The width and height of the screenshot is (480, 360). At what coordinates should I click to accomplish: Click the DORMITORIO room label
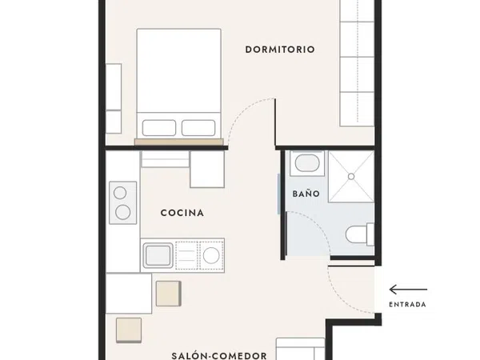click(x=280, y=50)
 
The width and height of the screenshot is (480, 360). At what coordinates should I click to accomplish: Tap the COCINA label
click(x=182, y=213)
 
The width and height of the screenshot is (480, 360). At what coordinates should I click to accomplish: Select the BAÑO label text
click(x=306, y=194)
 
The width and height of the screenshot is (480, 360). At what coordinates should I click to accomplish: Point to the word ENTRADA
click(x=407, y=305)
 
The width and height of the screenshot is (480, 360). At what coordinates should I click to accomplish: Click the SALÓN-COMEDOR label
click(x=219, y=356)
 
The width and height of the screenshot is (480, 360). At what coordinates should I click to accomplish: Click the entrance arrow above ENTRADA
click(x=408, y=290)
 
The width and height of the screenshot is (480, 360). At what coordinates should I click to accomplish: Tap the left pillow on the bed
click(x=159, y=128)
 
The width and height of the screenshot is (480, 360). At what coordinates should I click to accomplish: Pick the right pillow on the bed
click(x=198, y=128)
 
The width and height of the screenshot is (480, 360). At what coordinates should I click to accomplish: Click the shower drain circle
click(x=351, y=177)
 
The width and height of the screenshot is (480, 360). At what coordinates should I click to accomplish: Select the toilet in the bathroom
click(x=360, y=234)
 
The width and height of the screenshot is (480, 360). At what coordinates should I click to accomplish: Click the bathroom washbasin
click(x=307, y=163)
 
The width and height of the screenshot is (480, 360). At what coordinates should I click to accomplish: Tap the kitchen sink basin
click(x=158, y=255)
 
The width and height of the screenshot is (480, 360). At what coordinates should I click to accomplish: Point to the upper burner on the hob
click(x=120, y=193)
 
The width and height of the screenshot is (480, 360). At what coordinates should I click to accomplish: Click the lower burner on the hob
click(x=123, y=212)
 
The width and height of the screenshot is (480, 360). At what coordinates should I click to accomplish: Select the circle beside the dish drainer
click(x=211, y=255)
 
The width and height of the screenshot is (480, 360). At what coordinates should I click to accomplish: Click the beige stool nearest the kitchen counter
click(x=169, y=294)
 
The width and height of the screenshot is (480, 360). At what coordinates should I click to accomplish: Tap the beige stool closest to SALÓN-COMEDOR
click(x=129, y=330)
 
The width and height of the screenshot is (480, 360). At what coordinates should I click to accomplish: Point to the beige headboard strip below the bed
click(x=178, y=142)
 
